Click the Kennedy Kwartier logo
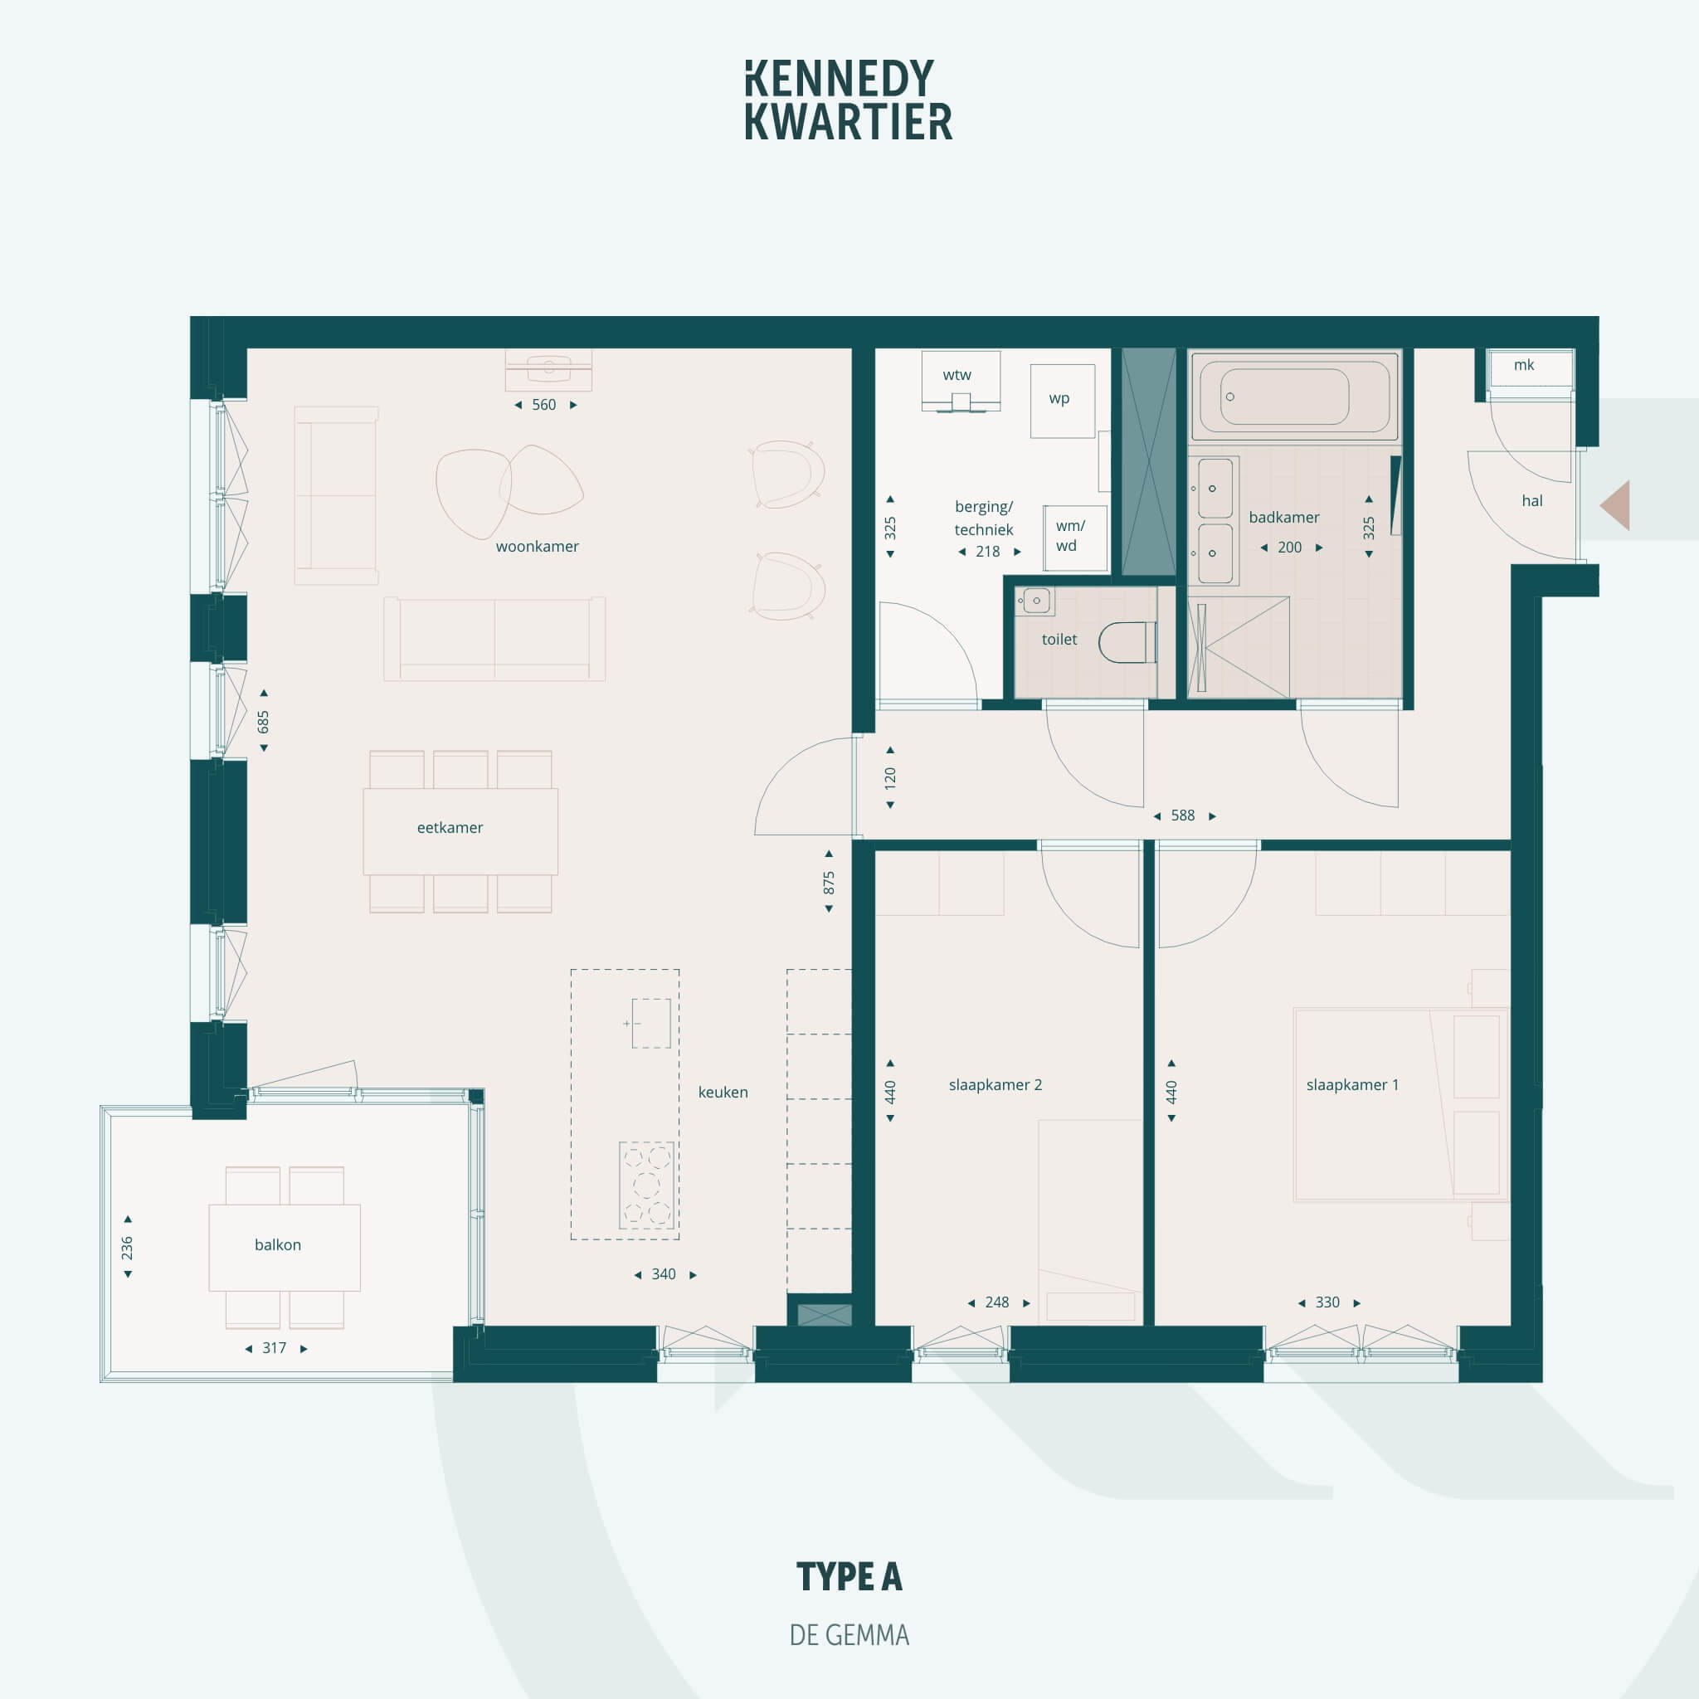849,100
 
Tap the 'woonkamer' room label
538,546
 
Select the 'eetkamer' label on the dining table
450,827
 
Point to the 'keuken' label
723,1093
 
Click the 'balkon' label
278,1244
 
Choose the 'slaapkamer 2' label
996,1084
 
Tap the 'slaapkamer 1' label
1352,1084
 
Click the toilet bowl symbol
1127,642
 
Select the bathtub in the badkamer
1293,396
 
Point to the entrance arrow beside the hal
1616,504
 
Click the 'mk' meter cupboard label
1524,364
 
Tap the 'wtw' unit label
957,375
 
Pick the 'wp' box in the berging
1063,401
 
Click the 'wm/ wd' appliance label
1069,536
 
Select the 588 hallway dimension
1183,815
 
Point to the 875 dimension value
829,882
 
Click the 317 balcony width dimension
275,1347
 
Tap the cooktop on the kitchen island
647,1185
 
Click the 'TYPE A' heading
849,1577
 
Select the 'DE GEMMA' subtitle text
849,1635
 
